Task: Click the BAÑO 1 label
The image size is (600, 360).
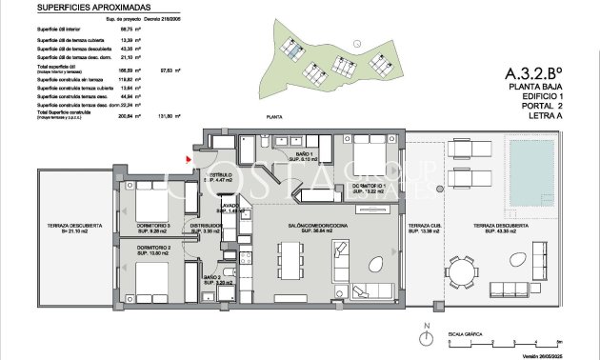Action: point(305,155)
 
